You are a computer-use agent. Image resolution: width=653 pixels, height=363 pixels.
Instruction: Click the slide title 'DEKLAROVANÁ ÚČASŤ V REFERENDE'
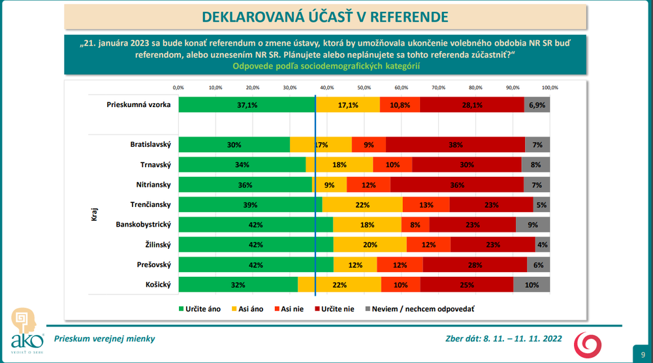pos(325,16)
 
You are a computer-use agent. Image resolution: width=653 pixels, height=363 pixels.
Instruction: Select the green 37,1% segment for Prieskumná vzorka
pos(246,104)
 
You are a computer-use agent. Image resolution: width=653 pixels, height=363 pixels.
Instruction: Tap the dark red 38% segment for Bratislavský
pos(456,145)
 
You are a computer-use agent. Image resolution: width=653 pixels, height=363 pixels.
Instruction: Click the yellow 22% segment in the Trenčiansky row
pos(362,205)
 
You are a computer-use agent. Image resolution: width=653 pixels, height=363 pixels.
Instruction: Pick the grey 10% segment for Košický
pos(532,285)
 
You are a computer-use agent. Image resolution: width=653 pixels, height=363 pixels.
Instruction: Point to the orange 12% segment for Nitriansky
pos(368,185)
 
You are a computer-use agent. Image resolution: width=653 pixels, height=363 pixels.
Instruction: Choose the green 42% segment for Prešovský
pos(256,264)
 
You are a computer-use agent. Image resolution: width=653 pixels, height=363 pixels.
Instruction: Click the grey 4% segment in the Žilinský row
pos(543,245)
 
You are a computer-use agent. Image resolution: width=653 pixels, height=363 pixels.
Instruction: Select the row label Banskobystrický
pos(143,225)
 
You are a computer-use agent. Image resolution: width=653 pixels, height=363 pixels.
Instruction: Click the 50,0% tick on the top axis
pos(364,87)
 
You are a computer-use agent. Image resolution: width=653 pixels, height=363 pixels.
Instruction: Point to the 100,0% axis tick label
pos(550,87)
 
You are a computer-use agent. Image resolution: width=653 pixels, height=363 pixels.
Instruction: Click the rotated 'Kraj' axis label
pos(93,215)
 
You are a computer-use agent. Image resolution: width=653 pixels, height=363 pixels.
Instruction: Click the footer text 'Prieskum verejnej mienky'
pos(104,339)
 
